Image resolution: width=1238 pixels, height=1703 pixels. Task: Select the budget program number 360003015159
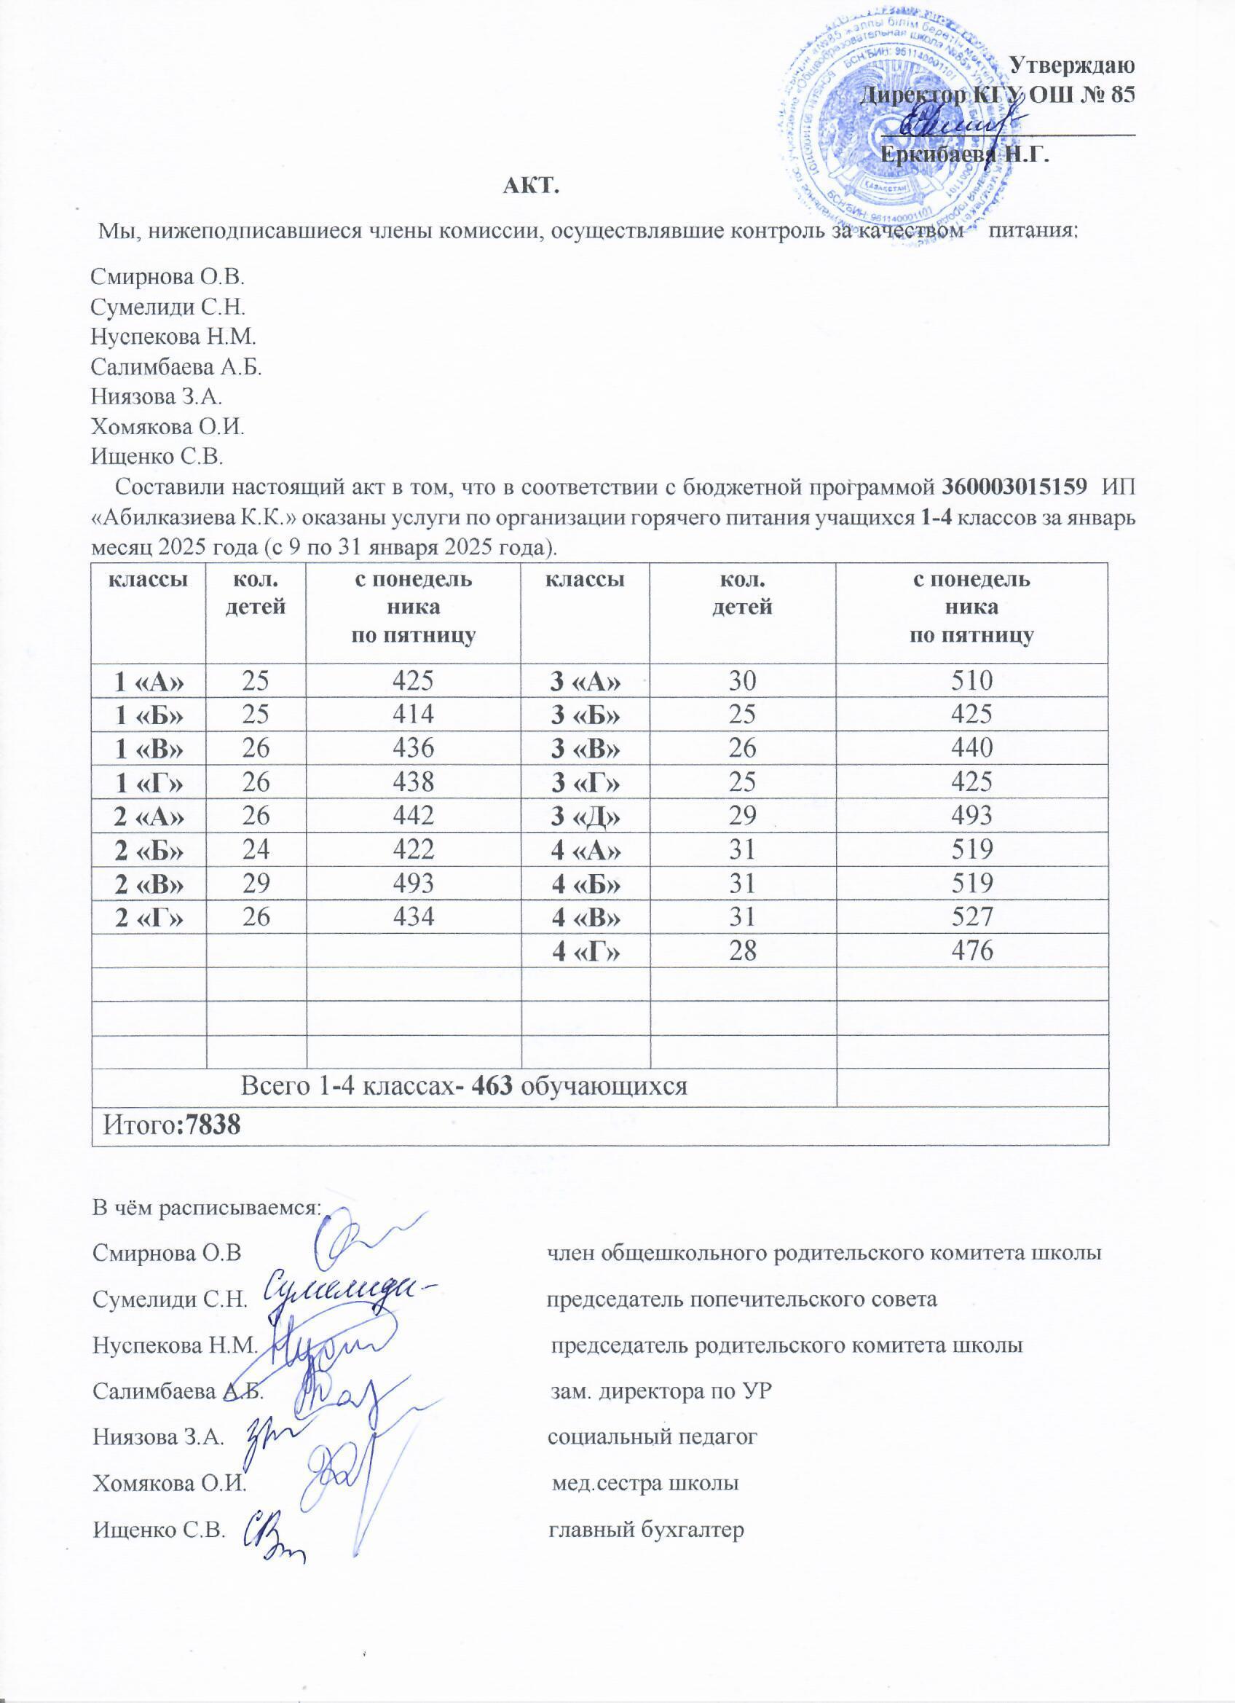click(x=1014, y=487)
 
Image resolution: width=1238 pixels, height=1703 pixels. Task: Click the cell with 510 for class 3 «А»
click(x=971, y=681)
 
